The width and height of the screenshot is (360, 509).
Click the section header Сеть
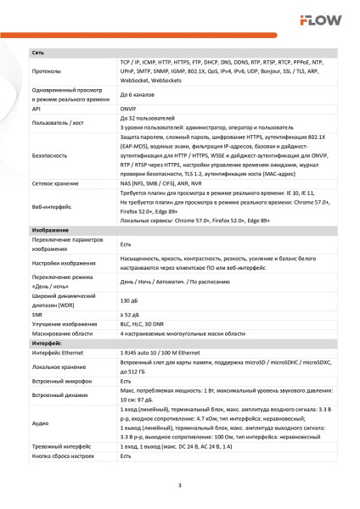pyautogui.click(x=38, y=53)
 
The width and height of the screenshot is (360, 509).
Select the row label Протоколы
pyautogui.click(x=46, y=72)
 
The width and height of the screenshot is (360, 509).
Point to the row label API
pyautogui.click(x=37, y=109)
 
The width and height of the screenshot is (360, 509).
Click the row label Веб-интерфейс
pyautogui.click(x=50, y=206)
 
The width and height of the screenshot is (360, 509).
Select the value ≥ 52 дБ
pyautogui.click(x=129, y=315)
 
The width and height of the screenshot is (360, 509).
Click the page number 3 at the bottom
pyautogui.click(x=179, y=485)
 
